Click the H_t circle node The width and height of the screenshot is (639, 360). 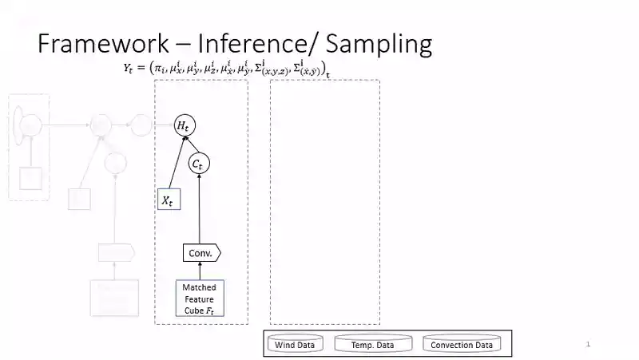[x=185, y=125]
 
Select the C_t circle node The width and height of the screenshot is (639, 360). [x=198, y=164]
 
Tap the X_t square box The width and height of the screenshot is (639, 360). [x=169, y=200]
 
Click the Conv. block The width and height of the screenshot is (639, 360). [x=200, y=253]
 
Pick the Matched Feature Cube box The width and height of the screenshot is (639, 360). [x=199, y=299]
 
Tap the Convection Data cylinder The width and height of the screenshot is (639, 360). [x=462, y=345]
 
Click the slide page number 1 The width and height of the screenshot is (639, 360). [x=588, y=344]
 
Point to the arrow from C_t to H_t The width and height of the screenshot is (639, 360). [x=192, y=144]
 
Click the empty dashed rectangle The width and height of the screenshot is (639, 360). [x=324, y=201]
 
